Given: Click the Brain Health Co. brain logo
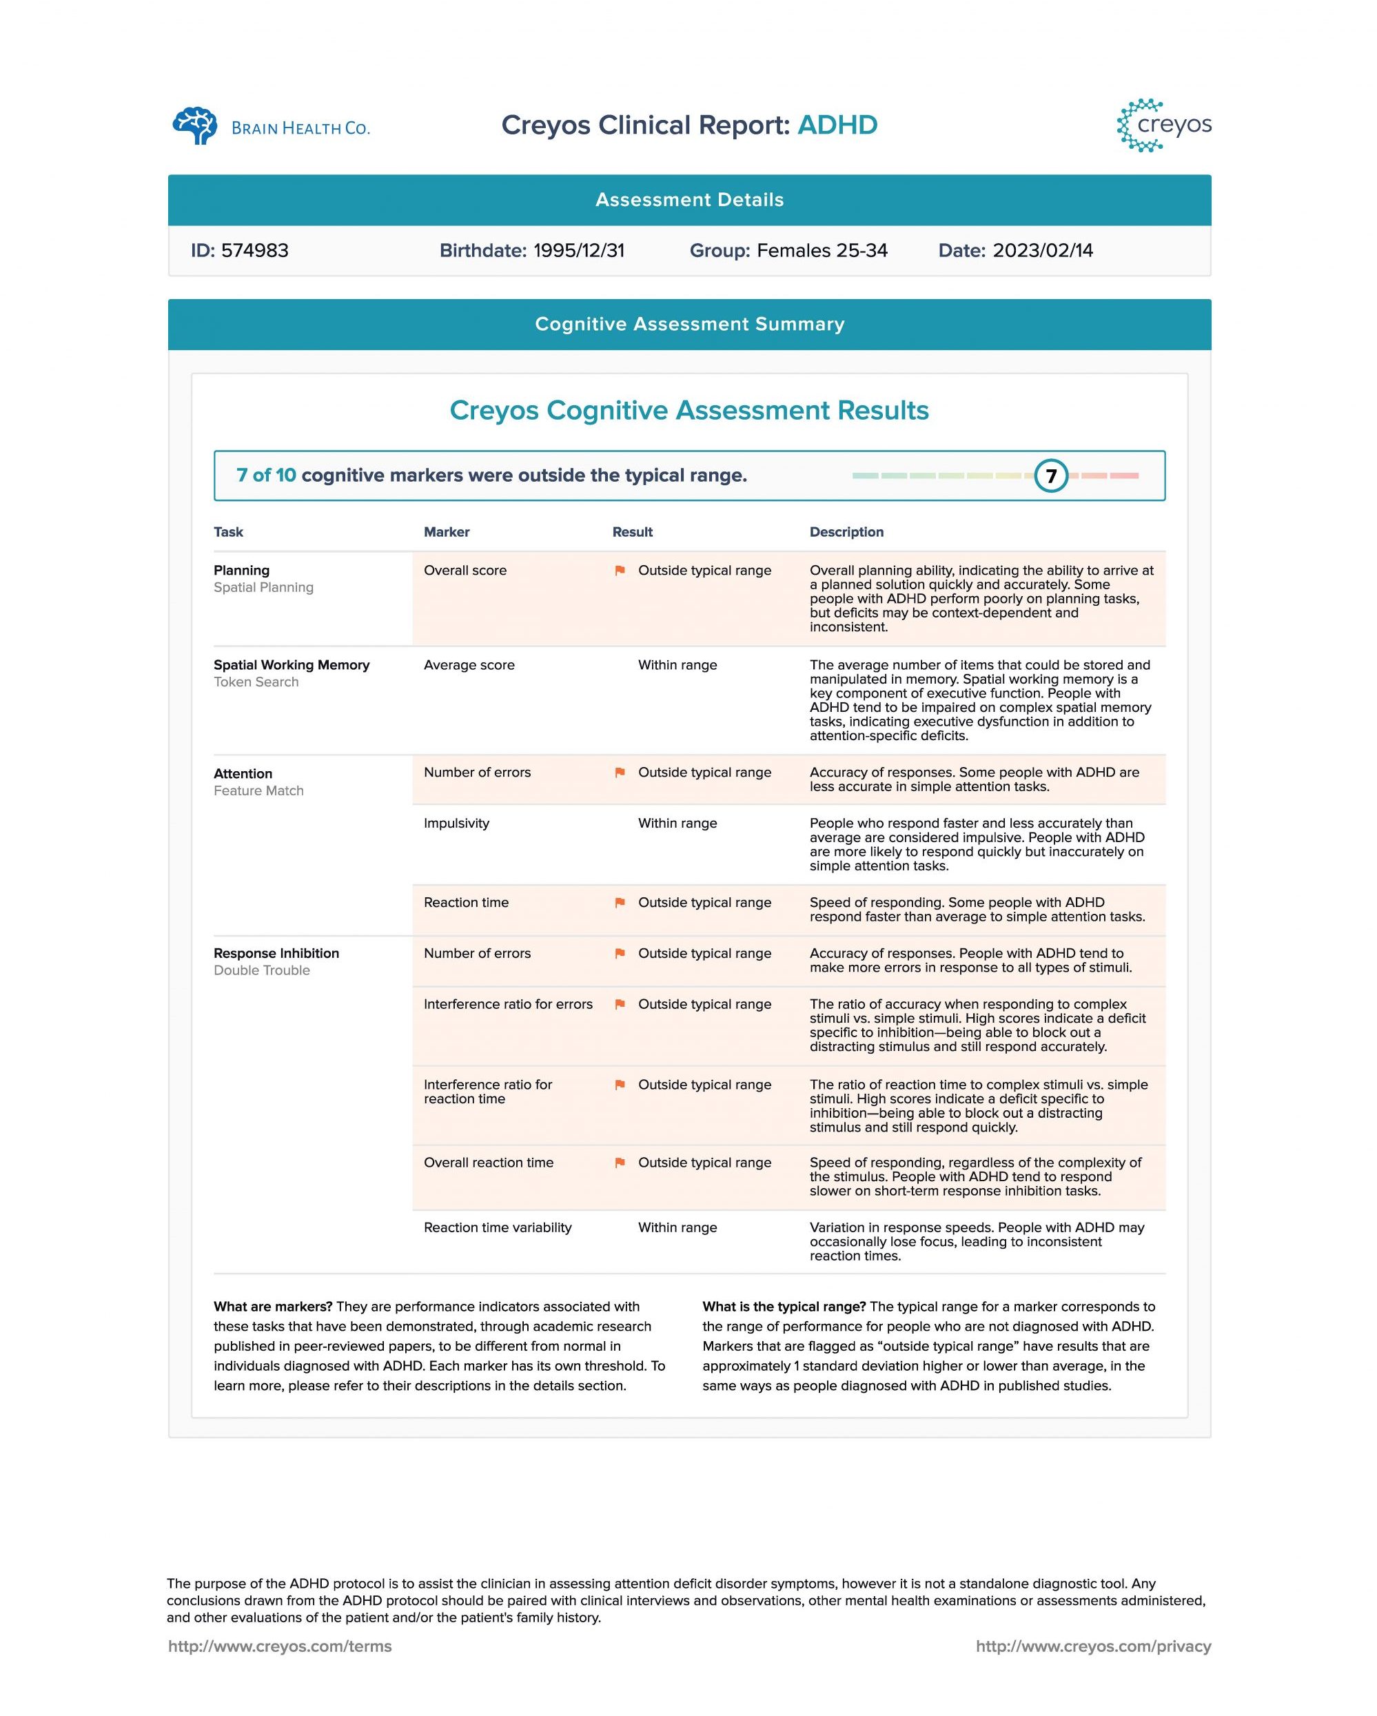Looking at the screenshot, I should point(195,125).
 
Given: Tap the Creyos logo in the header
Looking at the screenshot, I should point(1163,125).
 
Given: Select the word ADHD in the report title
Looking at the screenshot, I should point(837,125).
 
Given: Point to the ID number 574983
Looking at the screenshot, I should point(255,251).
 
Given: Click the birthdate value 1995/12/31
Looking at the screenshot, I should point(579,251).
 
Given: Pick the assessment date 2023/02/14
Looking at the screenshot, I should point(1043,251).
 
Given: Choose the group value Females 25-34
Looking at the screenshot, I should point(822,251).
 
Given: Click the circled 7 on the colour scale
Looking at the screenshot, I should point(1050,476).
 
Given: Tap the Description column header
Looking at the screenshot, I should point(846,531).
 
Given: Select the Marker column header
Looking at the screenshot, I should point(447,531).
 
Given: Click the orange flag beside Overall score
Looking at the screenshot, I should point(620,571).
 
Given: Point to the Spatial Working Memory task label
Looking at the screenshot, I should point(292,664).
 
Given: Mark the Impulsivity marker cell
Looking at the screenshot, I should point(456,823).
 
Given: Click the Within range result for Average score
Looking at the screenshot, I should point(677,664).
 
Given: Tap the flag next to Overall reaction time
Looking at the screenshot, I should point(620,1163).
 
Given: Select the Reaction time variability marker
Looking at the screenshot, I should point(498,1227).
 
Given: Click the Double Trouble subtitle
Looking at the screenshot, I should point(261,970).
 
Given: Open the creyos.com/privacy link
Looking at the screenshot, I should point(1093,1646).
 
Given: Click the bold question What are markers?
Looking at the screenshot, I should point(273,1306).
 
